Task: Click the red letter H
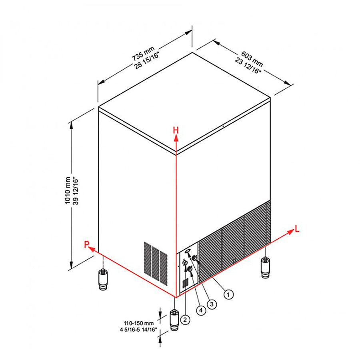(176, 130)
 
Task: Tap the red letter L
(297, 229)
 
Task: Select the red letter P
(86, 244)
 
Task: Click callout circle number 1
(228, 294)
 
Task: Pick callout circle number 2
(185, 319)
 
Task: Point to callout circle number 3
(212, 304)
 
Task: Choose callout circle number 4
(201, 310)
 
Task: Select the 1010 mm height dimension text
(68, 190)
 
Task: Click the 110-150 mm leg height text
(139, 323)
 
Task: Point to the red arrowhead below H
(176, 138)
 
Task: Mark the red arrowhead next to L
(291, 232)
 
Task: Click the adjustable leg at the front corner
(174, 320)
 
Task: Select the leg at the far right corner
(266, 268)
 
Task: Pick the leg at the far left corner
(103, 280)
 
